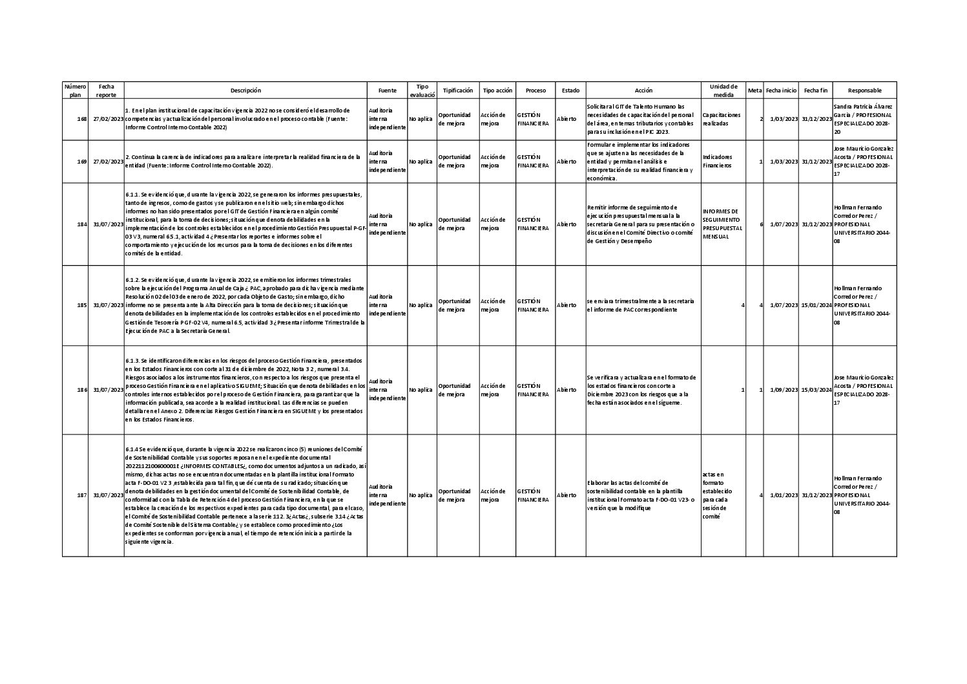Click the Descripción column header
[245, 91]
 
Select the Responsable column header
[864, 91]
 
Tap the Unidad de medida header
[723, 91]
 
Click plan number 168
[82, 120]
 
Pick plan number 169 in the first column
[82, 162]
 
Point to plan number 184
[82, 224]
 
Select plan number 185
[82, 305]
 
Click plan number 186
[82, 390]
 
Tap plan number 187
[82, 495]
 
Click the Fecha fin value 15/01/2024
[816, 305]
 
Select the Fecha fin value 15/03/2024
[816, 390]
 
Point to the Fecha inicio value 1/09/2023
[784, 390]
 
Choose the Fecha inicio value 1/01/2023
[784, 495]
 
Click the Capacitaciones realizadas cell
[722, 119]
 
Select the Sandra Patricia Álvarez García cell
[864, 119]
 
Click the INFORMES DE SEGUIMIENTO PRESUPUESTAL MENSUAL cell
[722, 224]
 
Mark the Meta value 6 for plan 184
[762, 224]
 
